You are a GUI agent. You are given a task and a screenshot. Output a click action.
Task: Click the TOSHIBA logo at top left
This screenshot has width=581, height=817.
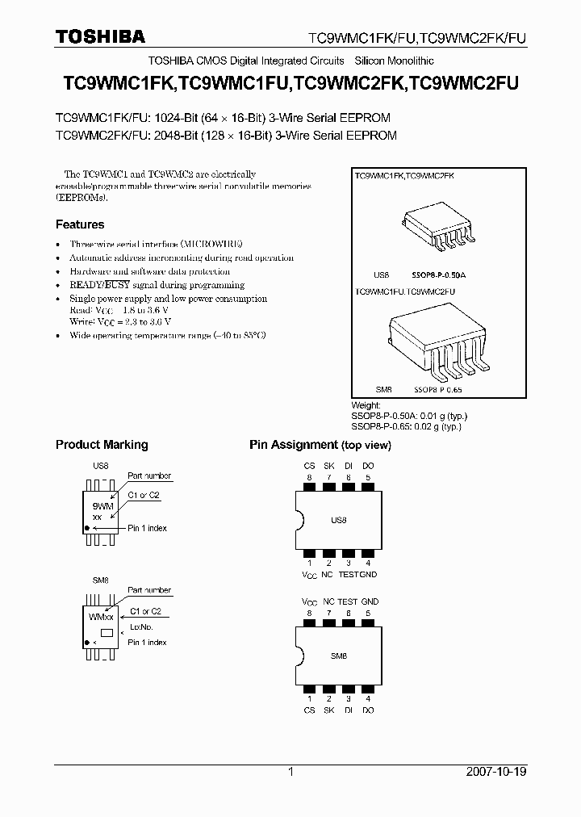tap(100, 36)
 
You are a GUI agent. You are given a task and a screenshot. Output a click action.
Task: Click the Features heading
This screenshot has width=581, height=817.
tap(80, 224)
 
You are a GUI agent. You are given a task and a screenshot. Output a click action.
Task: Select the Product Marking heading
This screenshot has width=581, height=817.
tap(102, 445)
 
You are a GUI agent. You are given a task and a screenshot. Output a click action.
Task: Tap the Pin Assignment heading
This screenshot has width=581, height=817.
tap(294, 445)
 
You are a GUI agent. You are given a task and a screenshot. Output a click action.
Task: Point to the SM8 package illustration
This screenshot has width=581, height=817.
tap(441, 340)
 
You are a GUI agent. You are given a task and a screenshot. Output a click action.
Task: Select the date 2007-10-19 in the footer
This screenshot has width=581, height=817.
tap(497, 772)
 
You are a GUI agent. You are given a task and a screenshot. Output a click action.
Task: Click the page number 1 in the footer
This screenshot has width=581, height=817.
tap(290, 772)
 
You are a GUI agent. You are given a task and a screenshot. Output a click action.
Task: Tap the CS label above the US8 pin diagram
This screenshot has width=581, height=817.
tap(309, 466)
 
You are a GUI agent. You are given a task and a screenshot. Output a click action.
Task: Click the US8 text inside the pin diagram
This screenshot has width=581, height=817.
tap(338, 521)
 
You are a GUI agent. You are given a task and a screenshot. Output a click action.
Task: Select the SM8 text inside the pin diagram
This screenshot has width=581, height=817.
tap(338, 656)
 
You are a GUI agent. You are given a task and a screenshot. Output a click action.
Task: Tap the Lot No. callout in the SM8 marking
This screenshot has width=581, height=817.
tap(141, 626)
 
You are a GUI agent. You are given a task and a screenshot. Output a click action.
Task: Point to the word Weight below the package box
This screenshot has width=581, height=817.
tap(366, 405)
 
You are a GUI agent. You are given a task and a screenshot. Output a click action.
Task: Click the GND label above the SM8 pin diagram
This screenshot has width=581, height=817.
tap(370, 601)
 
